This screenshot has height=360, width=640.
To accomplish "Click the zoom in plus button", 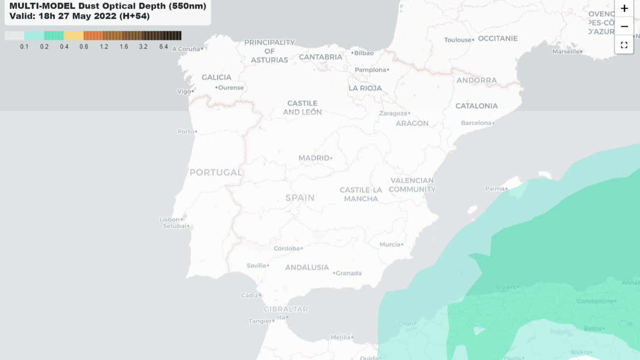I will [x=624, y=9].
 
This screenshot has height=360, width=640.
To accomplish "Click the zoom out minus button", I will [x=624, y=26].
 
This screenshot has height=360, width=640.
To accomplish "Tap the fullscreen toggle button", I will [x=624, y=45].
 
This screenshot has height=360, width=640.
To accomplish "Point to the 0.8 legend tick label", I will [x=84, y=47].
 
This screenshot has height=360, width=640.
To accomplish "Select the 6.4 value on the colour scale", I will [x=164, y=47].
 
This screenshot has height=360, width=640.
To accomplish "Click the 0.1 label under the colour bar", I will [x=24, y=47].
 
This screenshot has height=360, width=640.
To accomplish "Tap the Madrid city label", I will [x=313, y=158].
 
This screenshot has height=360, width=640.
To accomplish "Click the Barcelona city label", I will [x=476, y=123].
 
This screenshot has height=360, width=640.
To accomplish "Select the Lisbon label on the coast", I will [x=170, y=219].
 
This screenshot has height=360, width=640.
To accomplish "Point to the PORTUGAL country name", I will [x=216, y=172].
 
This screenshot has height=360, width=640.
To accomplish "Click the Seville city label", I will [x=256, y=266].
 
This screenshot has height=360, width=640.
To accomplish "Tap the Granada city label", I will [x=349, y=273].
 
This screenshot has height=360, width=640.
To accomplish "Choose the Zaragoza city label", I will [x=393, y=113].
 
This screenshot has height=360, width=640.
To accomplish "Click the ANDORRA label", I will [x=476, y=80].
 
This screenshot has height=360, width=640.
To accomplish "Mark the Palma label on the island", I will [x=495, y=189].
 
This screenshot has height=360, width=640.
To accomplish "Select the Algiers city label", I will [x=505, y=287].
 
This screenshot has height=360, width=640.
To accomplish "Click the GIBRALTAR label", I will [x=286, y=309].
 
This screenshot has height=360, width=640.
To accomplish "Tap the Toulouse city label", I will [x=457, y=40].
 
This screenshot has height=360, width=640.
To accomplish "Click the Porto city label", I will [x=186, y=131].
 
